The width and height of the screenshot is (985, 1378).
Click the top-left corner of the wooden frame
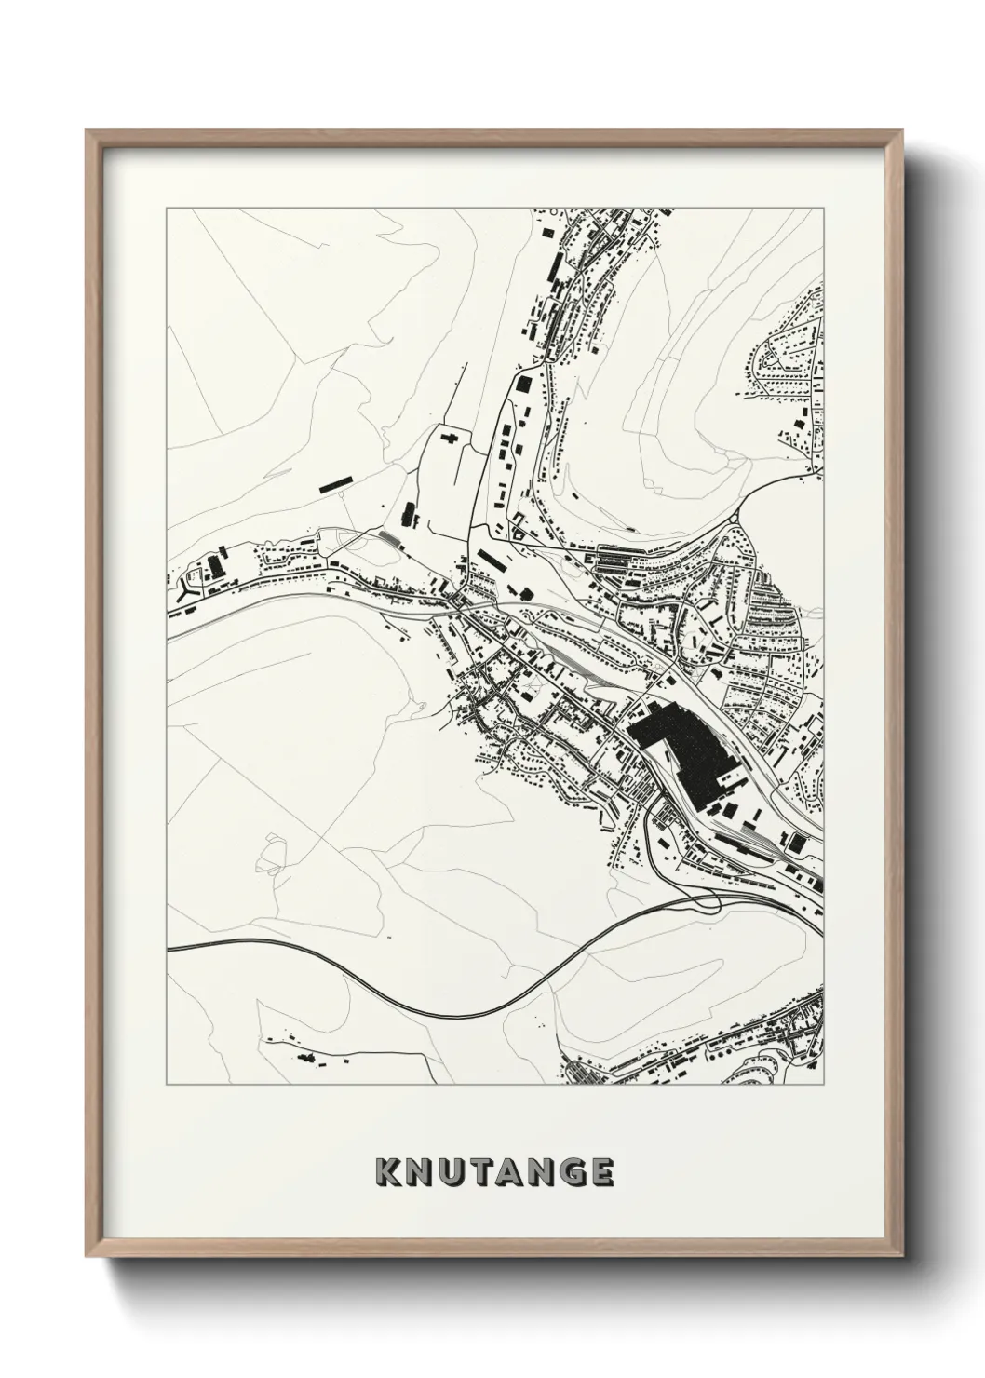coord(88,131)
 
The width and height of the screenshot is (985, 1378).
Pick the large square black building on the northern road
coord(524,385)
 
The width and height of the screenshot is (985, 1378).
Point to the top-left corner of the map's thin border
coord(167,209)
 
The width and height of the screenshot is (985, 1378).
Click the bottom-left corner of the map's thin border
coord(167,1085)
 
